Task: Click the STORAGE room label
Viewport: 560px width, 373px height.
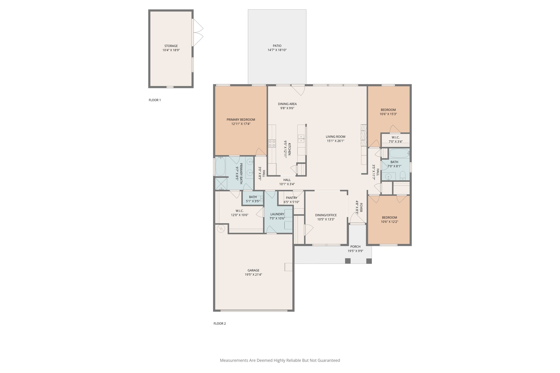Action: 171,46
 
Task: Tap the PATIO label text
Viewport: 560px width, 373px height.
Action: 277,46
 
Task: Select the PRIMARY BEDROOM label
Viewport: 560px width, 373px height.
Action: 241,120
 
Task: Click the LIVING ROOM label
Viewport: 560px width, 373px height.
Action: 336,137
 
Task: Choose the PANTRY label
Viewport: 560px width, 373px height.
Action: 291,198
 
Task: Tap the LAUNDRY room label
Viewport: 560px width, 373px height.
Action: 277,214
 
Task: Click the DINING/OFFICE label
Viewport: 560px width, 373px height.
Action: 326,215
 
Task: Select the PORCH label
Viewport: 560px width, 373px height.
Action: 355,247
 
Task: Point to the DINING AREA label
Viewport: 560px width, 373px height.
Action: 287,104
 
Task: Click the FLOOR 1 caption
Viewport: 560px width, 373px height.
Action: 155,100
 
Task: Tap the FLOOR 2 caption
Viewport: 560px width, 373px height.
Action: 220,324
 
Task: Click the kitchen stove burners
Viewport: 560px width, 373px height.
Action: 272,143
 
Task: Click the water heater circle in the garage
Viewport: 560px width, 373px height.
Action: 221,228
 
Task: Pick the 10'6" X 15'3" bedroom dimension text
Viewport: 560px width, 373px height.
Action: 388,114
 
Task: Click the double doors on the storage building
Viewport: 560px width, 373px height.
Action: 198,33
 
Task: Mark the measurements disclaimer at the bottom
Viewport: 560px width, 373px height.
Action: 280,360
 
